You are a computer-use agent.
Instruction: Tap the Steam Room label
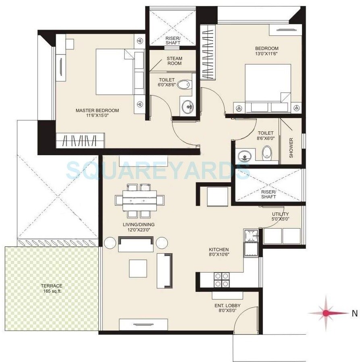(174, 61)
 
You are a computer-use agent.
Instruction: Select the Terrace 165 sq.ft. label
(52, 288)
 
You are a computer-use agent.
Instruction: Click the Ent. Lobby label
(227, 306)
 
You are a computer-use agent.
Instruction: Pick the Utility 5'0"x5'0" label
(280, 216)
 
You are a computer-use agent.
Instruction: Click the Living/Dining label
(139, 225)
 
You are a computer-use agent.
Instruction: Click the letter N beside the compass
(354, 312)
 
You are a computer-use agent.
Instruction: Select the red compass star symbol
(327, 312)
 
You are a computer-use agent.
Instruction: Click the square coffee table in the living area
(138, 268)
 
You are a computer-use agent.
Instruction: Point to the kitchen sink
(252, 243)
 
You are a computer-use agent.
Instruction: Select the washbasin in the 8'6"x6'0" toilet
(243, 156)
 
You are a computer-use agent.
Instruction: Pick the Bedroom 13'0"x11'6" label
(266, 51)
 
